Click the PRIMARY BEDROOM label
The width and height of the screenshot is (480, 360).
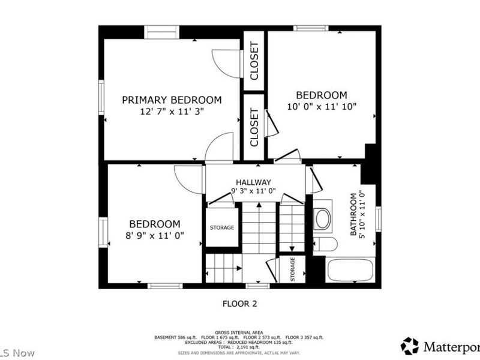click(x=172, y=100)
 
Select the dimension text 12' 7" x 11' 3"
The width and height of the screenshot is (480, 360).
click(x=172, y=111)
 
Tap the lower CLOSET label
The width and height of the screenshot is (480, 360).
click(x=254, y=127)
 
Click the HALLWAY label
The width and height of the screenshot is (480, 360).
click(x=253, y=182)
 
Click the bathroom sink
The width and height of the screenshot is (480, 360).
click(x=323, y=218)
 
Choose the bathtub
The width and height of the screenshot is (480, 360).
click(x=350, y=269)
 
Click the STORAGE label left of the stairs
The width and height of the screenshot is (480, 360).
click(x=221, y=227)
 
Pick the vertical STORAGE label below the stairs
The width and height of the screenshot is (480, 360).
click(x=293, y=269)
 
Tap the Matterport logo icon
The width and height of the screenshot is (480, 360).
click(x=410, y=346)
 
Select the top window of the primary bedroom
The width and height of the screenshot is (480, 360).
click(x=161, y=32)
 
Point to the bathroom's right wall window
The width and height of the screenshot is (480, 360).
click(x=378, y=218)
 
